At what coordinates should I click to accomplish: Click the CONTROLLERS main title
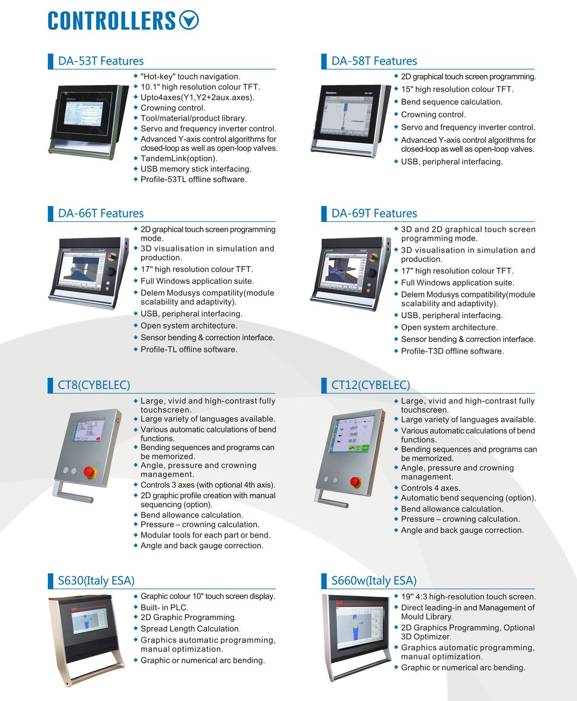112,21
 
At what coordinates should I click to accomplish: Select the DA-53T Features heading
101,61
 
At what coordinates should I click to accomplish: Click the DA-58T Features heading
374,61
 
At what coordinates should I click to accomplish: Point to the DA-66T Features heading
101,213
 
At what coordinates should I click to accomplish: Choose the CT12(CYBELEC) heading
371,385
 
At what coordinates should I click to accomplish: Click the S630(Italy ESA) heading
96,581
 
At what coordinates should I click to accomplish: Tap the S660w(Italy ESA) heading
374,581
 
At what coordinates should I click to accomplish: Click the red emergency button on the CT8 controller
89,472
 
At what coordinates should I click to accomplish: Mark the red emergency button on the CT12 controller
355,481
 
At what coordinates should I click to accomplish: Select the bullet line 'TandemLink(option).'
179,159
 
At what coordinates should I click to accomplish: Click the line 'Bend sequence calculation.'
452,102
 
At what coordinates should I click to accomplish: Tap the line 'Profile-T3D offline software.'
452,351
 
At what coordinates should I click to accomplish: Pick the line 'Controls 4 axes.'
430,488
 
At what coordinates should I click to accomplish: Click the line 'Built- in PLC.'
164,607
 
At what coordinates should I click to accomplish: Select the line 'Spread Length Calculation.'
190,629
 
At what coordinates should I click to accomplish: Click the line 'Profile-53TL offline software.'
193,179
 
